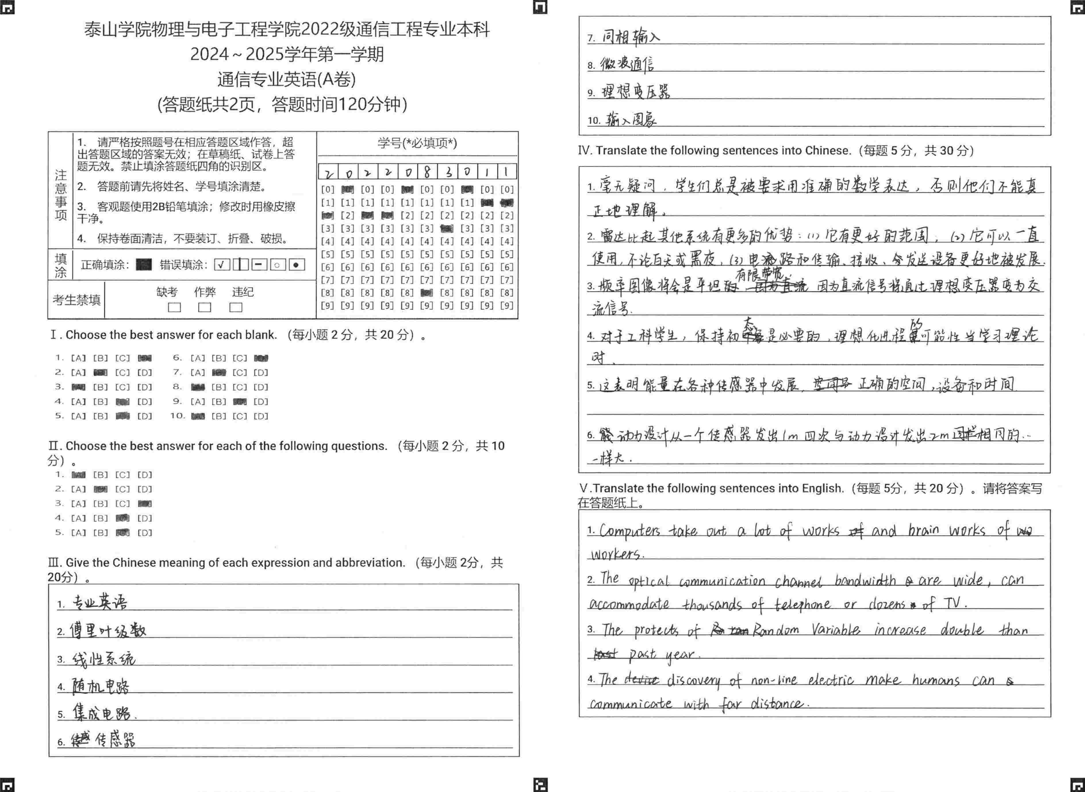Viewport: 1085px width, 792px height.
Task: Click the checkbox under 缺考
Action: (174, 307)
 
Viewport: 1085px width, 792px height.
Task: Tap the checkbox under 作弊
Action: (205, 307)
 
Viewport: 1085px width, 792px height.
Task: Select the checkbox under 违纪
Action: (236, 307)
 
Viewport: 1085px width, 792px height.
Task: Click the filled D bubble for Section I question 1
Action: (145, 358)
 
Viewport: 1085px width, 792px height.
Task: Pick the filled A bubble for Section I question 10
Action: (197, 416)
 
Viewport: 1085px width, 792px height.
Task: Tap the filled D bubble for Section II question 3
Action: (145, 504)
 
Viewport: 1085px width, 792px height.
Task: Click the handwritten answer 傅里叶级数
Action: (108, 630)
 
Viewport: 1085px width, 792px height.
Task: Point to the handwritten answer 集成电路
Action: (102, 713)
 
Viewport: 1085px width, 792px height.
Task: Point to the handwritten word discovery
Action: (694, 680)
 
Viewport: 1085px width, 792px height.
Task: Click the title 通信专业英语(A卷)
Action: (286, 79)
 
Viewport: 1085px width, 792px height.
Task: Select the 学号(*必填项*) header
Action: (417, 143)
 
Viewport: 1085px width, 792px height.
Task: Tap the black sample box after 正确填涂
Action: (144, 265)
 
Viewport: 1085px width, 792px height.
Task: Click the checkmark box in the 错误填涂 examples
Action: (222, 265)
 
